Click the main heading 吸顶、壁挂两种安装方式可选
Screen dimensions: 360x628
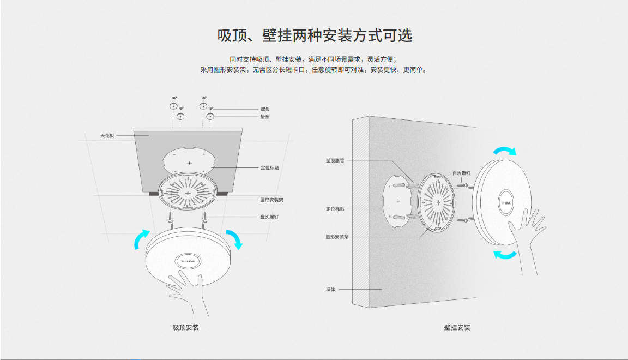[x=315, y=36]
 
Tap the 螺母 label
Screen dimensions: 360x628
[x=265, y=109]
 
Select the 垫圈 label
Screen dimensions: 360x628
[x=265, y=117]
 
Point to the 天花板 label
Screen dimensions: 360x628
[x=107, y=135]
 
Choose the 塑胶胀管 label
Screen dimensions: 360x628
[x=335, y=160]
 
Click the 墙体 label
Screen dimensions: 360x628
[x=331, y=289]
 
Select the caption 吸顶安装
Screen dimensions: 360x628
[x=186, y=327]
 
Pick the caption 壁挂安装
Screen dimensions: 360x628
[x=457, y=327]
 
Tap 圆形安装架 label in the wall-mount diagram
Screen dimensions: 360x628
[x=337, y=237]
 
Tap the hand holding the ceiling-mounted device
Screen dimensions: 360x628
[x=191, y=289]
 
